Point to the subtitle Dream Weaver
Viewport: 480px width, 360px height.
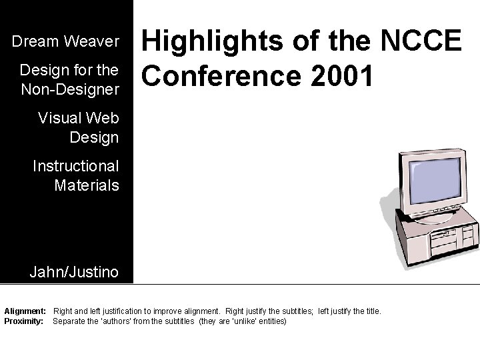pyautogui.click(x=65, y=42)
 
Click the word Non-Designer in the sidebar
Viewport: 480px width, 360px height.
pyautogui.click(x=69, y=88)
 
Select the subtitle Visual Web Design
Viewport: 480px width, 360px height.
pyautogui.click(x=78, y=128)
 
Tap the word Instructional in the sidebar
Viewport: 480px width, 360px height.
pyautogui.click(x=76, y=166)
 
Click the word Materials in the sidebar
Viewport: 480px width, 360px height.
pyautogui.click(x=87, y=184)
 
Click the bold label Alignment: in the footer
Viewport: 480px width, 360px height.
pyautogui.click(x=25, y=311)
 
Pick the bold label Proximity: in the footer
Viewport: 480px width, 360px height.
pyautogui.click(x=24, y=321)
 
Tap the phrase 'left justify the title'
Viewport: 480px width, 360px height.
pyautogui.click(x=349, y=311)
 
